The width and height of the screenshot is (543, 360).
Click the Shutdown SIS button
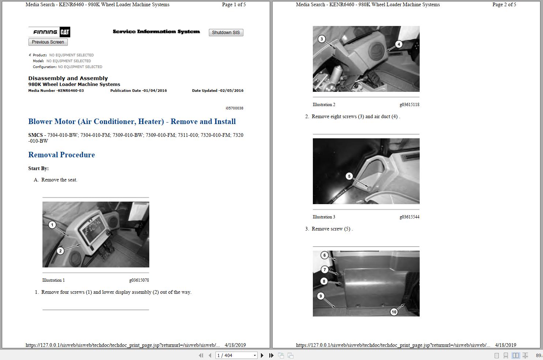point(226,33)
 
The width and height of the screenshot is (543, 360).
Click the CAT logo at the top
point(65,32)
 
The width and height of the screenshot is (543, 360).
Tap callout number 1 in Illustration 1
point(52,225)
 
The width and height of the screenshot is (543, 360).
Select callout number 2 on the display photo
point(60,251)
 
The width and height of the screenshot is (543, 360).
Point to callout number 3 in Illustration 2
point(322,39)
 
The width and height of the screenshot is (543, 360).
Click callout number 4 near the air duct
point(399,44)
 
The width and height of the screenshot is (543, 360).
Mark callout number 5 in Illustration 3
point(349,176)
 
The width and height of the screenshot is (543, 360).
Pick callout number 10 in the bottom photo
point(394,312)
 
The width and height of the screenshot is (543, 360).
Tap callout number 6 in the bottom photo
point(325,255)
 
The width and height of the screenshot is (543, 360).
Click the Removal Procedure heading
point(61,155)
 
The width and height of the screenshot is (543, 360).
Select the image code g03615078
point(139,280)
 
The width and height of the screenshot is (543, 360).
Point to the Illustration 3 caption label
point(324,217)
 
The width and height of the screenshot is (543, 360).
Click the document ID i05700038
point(235,108)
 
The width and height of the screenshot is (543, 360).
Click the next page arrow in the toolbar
point(262,355)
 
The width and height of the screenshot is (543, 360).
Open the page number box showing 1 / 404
point(236,355)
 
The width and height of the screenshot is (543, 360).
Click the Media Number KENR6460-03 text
point(56,91)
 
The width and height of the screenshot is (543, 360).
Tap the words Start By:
point(38,169)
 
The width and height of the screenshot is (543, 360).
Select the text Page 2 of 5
point(504,5)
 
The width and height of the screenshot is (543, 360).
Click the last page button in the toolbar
point(271,355)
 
